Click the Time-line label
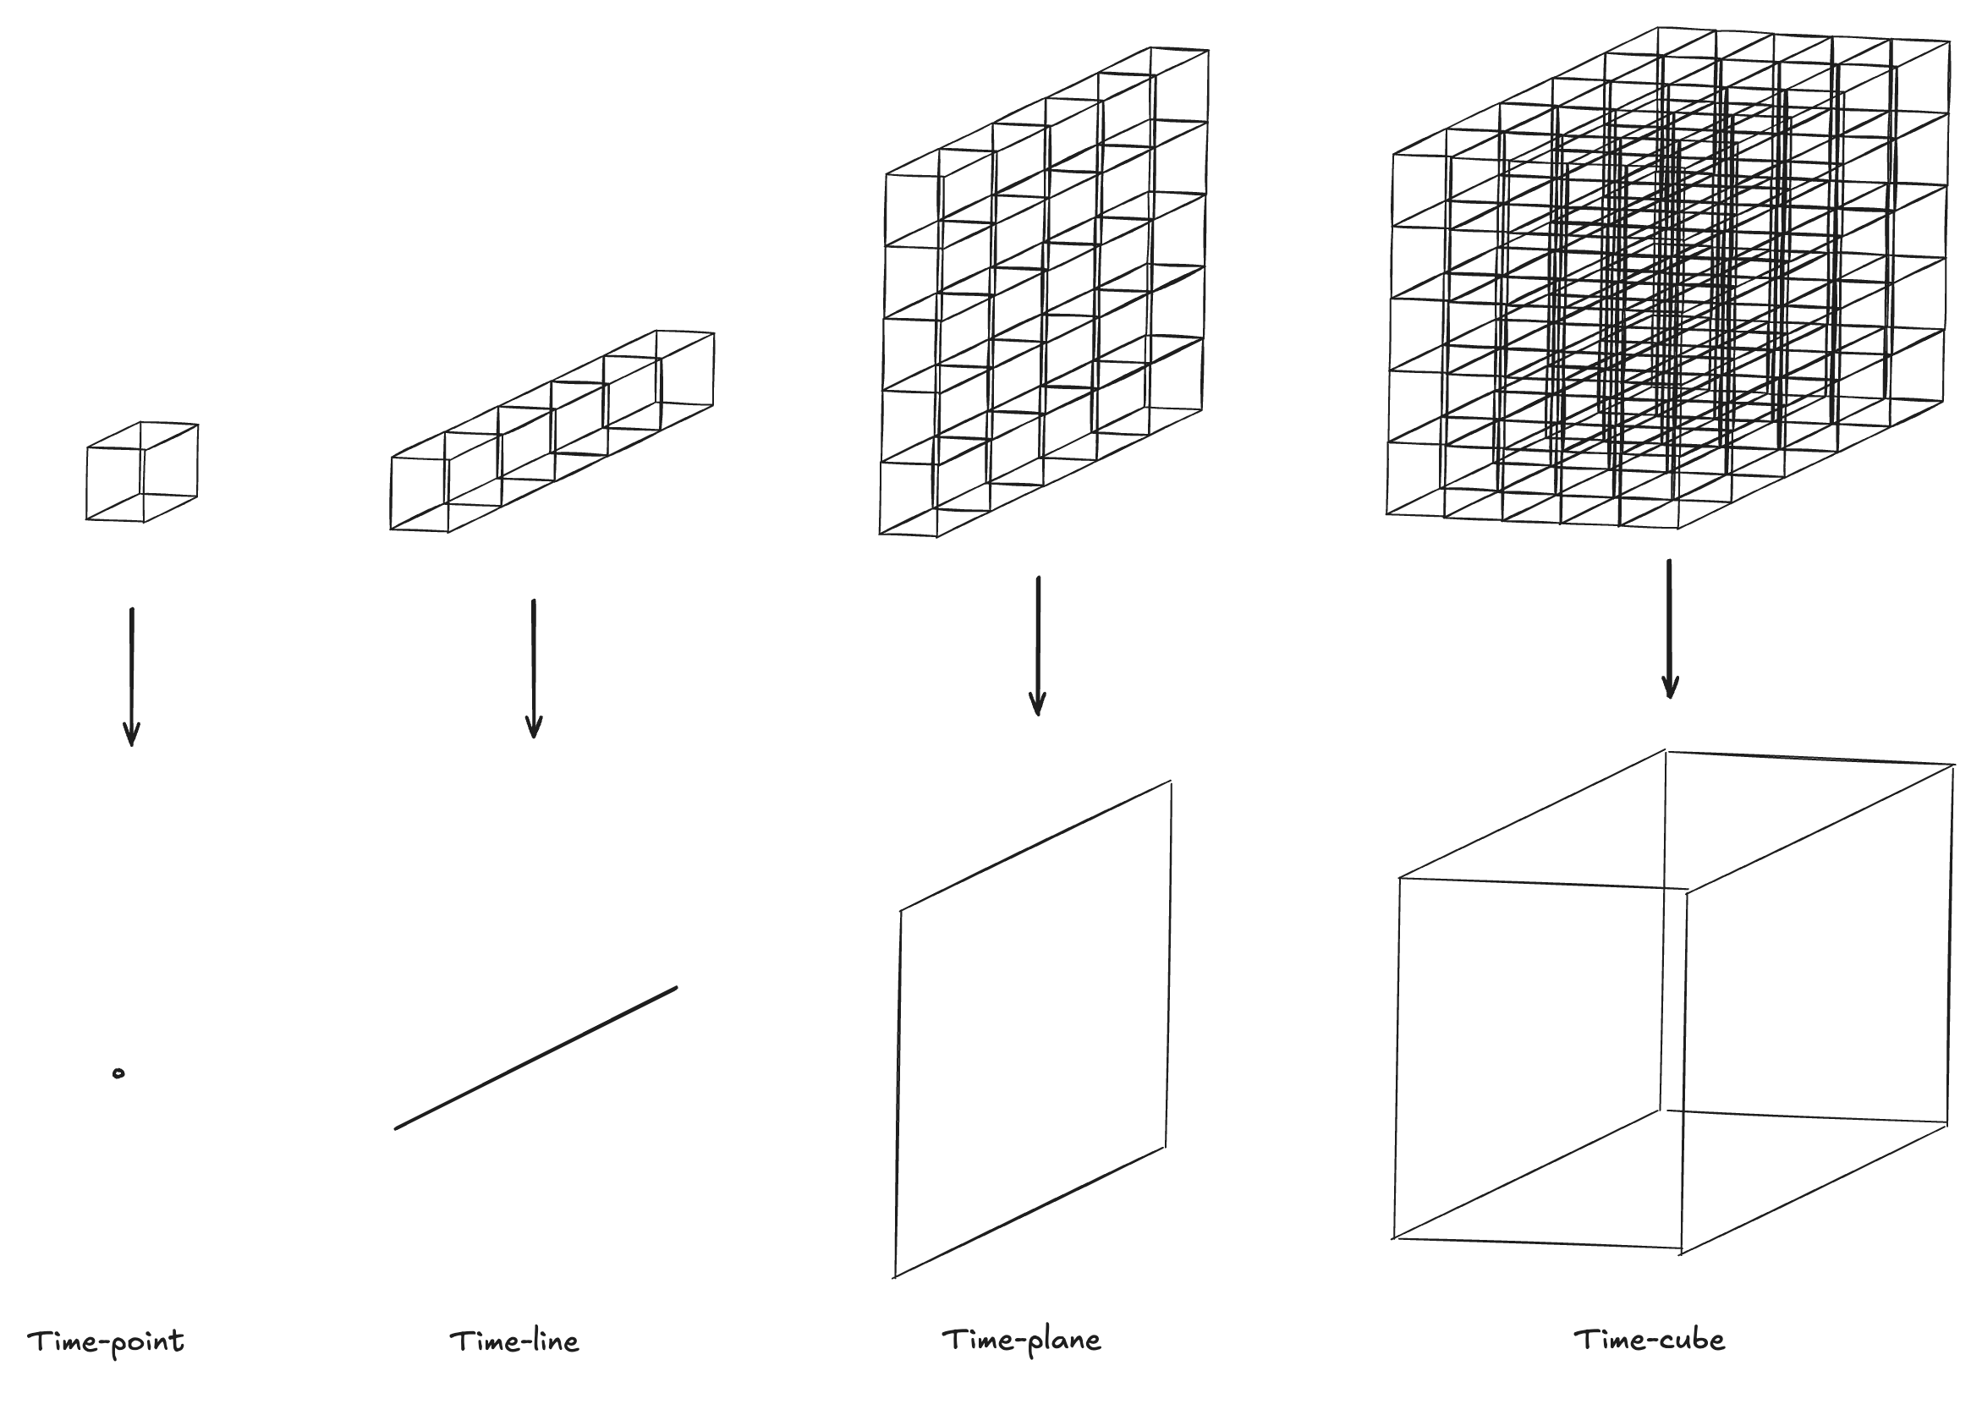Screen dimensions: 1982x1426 point(513,1341)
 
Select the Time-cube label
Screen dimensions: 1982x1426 point(1649,1340)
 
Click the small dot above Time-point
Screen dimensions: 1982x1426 point(118,1074)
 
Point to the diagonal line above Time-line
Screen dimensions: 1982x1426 point(535,1058)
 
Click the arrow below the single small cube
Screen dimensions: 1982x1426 point(132,677)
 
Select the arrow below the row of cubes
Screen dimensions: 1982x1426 point(534,669)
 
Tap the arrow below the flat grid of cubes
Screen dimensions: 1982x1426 point(1037,645)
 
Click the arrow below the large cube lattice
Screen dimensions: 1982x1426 point(1670,629)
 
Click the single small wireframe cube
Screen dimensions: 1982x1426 point(142,473)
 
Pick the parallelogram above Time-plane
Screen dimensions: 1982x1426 point(1033,1029)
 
